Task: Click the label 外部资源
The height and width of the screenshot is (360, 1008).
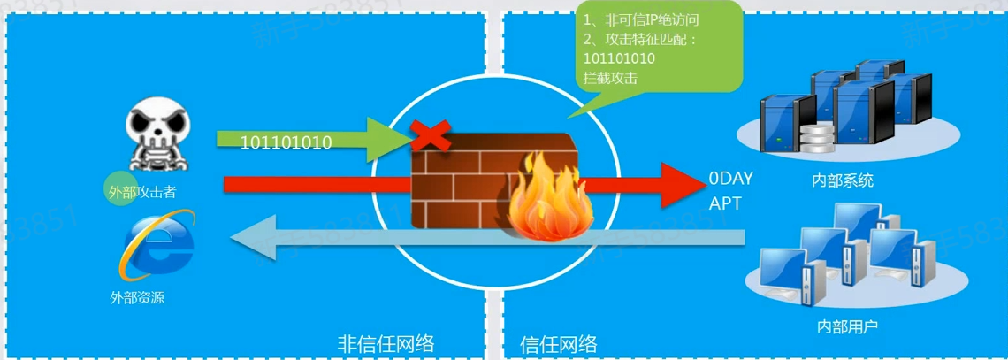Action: tap(137, 298)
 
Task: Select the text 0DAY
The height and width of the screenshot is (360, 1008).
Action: tap(730, 179)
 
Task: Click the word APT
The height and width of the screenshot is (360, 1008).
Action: tap(725, 203)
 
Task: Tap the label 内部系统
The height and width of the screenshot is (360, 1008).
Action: tap(843, 180)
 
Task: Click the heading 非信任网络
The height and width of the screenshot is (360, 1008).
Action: tap(386, 342)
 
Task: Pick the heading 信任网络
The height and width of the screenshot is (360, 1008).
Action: tap(558, 342)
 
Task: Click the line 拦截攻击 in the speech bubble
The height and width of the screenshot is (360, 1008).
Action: tap(611, 78)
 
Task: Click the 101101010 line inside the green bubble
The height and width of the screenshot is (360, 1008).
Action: tap(620, 58)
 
